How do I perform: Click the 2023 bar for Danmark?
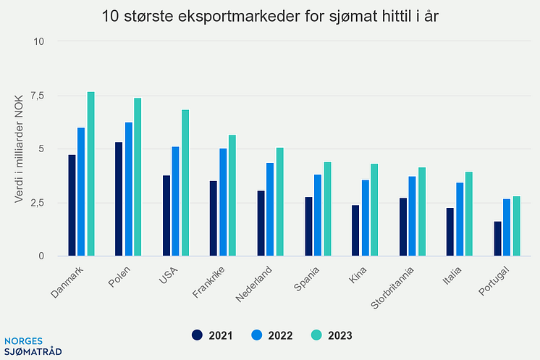point(91,174)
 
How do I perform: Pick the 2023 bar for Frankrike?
point(232,196)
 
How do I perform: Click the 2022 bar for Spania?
point(318,215)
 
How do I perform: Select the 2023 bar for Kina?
point(374,210)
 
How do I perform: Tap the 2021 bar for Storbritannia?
point(402,227)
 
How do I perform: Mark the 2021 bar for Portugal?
point(497,238)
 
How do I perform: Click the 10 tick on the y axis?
point(40,42)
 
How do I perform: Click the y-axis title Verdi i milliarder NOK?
point(20,148)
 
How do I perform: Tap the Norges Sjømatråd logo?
point(33,346)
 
